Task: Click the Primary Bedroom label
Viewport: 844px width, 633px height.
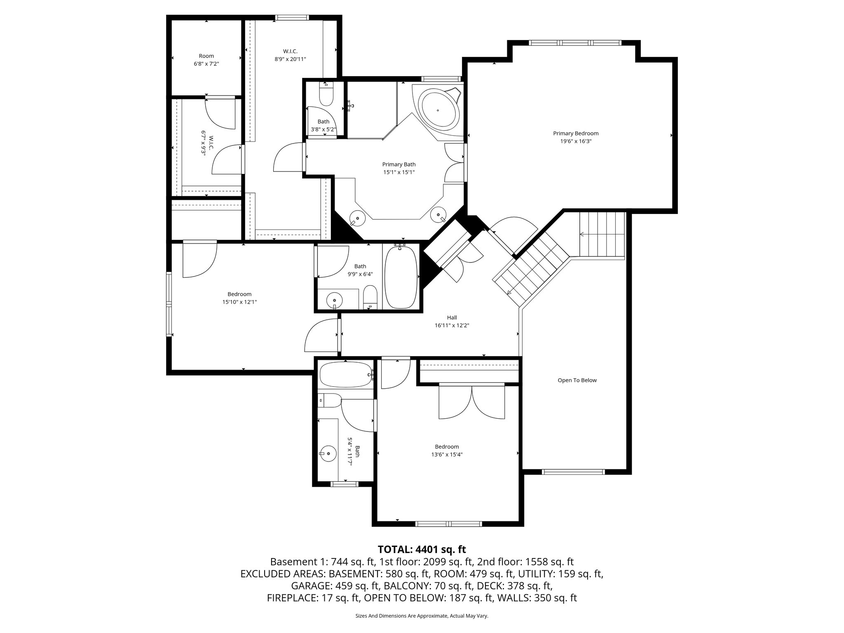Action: pyautogui.click(x=575, y=133)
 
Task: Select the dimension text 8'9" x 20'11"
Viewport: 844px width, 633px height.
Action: pyautogui.click(x=290, y=59)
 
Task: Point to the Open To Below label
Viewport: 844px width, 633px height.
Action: pyautogui.click(x=577, y=380)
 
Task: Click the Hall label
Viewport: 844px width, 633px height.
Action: pyautogui.click(x=452, y=317)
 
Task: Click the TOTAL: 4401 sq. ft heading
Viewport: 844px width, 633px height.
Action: pyautogui.click(x=422, y=549)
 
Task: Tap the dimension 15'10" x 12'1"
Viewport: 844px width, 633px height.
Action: pyautogui.click(x=239, y=302)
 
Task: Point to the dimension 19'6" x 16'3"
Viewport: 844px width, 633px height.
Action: pyautogui.click(x=575, y=141)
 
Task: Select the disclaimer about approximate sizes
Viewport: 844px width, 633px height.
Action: pyautogui.click(x=422, y=616)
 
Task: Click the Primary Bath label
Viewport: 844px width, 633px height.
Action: pyautogui.click(x=399, y=164)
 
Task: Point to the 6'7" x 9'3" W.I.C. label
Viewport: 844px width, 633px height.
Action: pyautogui.click(x=207, y=144)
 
